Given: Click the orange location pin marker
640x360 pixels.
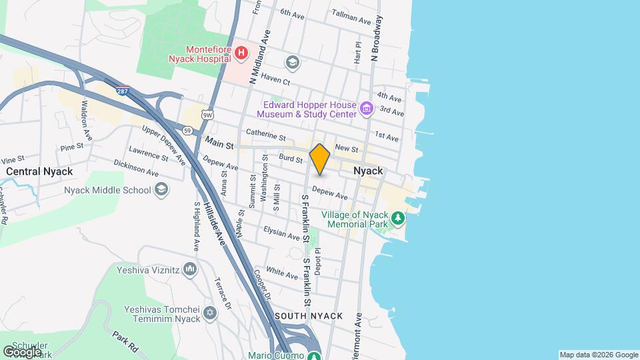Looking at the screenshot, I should pos(320,159).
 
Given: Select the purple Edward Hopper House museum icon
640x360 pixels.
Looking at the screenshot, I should pos(365,108).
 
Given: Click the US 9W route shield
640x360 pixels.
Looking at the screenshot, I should pos(209,115).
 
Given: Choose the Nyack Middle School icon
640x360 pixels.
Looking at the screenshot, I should pos(161,190).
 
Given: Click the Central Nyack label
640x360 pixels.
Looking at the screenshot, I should pos(39,171).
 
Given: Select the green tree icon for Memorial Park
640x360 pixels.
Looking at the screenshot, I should pos(398,218).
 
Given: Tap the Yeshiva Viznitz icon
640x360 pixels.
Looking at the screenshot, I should pos(190,269).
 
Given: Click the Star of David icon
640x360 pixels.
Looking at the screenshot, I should pos(211,313).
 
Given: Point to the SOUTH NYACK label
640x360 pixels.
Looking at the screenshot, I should pos(308,315).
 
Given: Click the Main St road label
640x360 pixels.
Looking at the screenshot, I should pos(220,143).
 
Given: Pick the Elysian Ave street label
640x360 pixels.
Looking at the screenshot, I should pos(282,233).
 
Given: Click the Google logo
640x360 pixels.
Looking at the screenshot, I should pos(23,351).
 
